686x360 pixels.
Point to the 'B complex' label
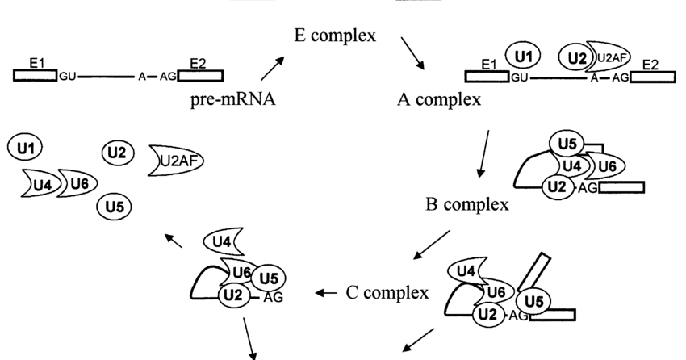click(x=466, y=203)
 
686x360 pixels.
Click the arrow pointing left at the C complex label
click(x=326, y=292)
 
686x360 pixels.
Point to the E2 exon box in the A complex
click(x=654, y=76)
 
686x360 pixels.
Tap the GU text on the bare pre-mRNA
click(x=68, y=77)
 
